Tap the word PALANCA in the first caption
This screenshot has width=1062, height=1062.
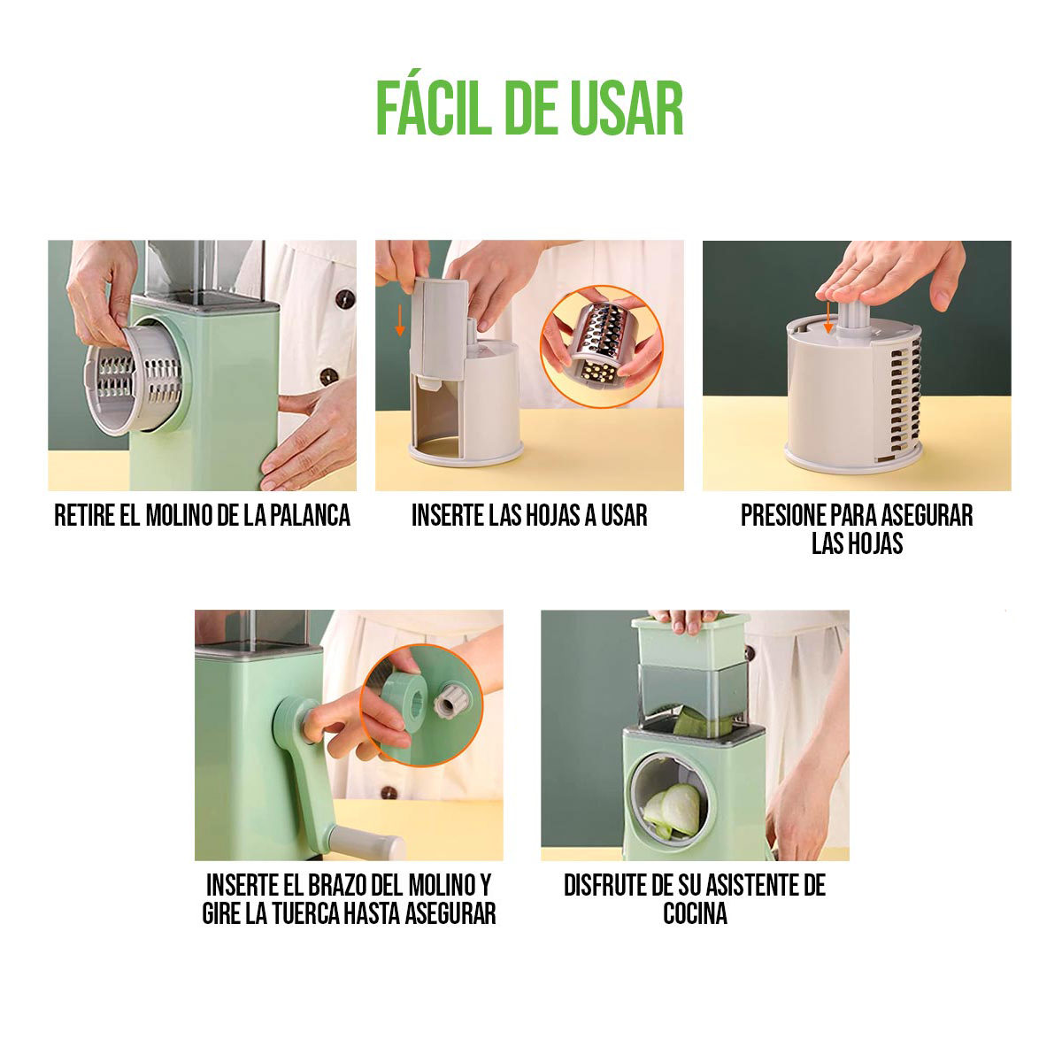coord(309,515)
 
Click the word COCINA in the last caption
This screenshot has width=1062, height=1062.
coord(695,913)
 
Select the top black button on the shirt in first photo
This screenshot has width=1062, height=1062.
coord(339,303)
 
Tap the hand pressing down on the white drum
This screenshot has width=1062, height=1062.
coord(885,283)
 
